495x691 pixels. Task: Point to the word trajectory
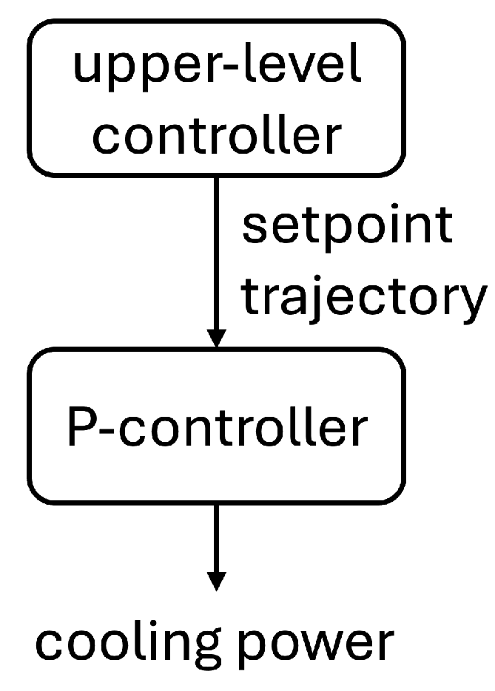click(364, 295)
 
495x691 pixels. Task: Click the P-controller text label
click(216, 426)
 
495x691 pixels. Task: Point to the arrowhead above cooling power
click(215, 580)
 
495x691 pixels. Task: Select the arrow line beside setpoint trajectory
click(215, 251)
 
